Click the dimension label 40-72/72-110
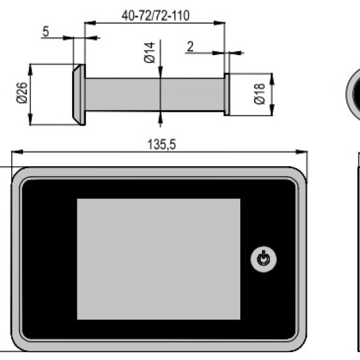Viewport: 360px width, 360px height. pos(156,16)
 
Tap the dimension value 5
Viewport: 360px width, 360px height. pos(46,31)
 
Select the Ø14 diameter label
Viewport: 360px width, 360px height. pos(149,52)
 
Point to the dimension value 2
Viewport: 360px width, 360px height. pos(190,46)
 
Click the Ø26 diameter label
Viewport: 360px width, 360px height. pos(22,93)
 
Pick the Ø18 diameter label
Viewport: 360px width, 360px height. pos(260,94)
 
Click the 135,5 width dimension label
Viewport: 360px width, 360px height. pos(162,145)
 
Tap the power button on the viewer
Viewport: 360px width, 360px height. pos(263,259)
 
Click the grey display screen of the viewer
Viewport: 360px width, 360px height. pos(158,259)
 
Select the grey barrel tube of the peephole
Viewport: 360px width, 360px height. pos(155,94)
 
